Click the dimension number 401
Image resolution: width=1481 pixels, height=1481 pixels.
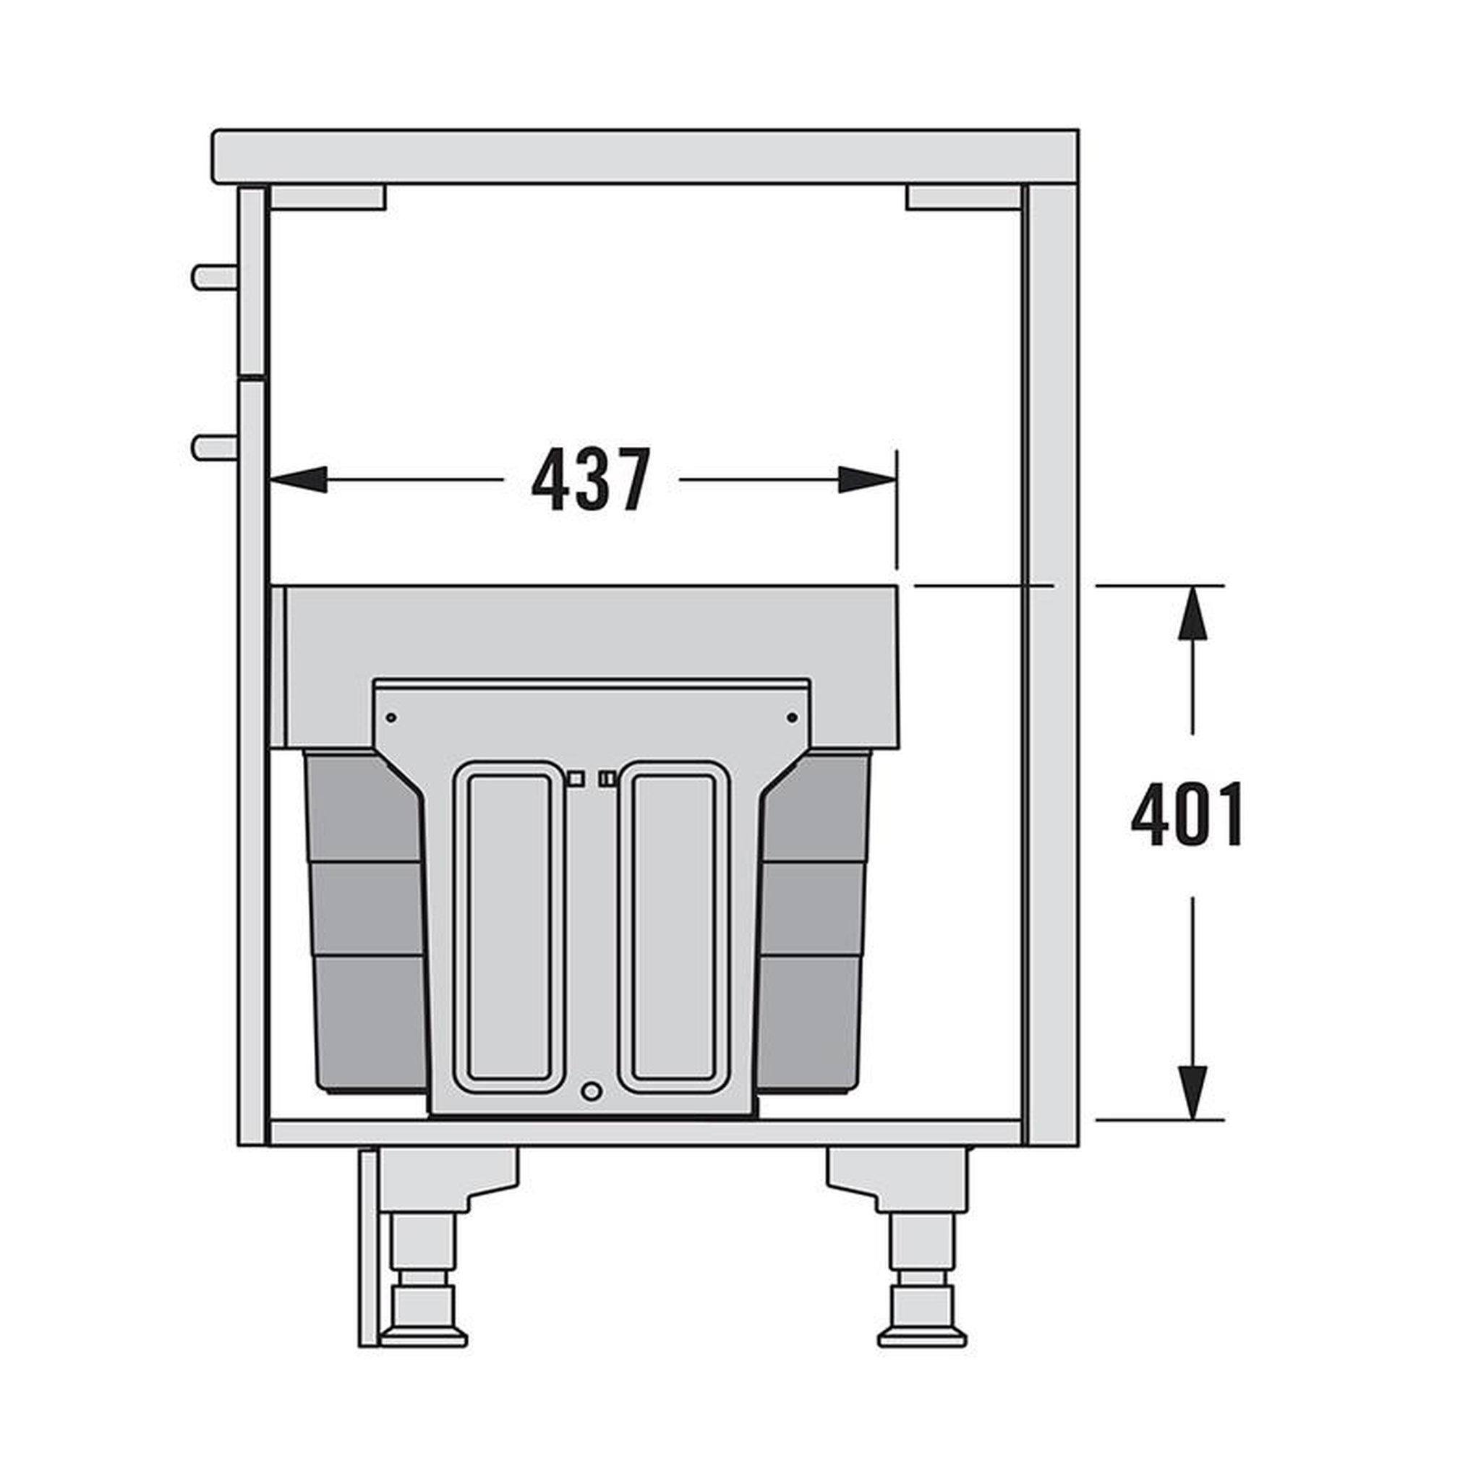tap(1187, 814)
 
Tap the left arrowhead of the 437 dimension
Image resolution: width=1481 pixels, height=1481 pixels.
tap(298, 480)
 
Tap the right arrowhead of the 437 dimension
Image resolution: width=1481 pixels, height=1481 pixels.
tap(867, 480)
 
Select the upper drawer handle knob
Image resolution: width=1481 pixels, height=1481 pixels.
tap(214, 277)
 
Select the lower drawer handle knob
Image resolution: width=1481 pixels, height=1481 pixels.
tap(214, 447)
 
